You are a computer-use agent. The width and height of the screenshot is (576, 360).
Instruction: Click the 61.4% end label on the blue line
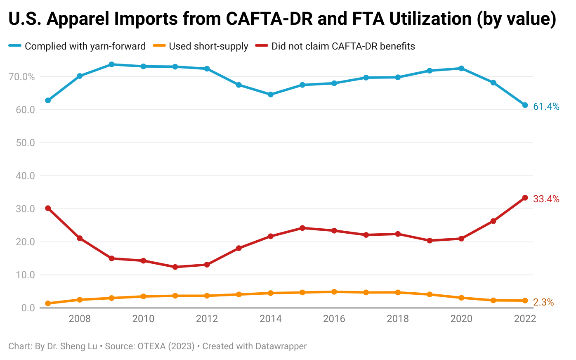coord(546,107)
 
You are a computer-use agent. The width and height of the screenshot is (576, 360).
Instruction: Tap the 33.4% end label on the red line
coord(546,199)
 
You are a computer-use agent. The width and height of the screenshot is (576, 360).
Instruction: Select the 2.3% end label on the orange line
coord(543,302)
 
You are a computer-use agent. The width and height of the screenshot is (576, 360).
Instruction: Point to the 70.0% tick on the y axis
coord(21,77)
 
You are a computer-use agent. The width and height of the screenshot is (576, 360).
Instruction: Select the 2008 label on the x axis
coord(80,319)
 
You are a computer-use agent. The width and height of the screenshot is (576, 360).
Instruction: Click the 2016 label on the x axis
coord(334,319)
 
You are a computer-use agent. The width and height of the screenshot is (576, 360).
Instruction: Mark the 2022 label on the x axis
coord(525,319)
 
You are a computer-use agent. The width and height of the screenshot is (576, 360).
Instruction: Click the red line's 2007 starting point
coord(48,208)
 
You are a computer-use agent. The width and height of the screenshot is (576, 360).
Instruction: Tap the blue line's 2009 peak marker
coord(111,64)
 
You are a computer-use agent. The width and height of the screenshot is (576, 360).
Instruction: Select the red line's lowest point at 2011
coord(175,267)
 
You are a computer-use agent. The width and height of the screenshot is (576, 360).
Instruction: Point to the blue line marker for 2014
coord(271,95)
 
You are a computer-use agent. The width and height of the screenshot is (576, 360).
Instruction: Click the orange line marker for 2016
coord(334,292)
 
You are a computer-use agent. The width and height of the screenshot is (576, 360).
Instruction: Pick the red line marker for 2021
coord(493,221)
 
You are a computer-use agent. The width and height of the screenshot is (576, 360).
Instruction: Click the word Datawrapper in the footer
coord(281,346)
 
